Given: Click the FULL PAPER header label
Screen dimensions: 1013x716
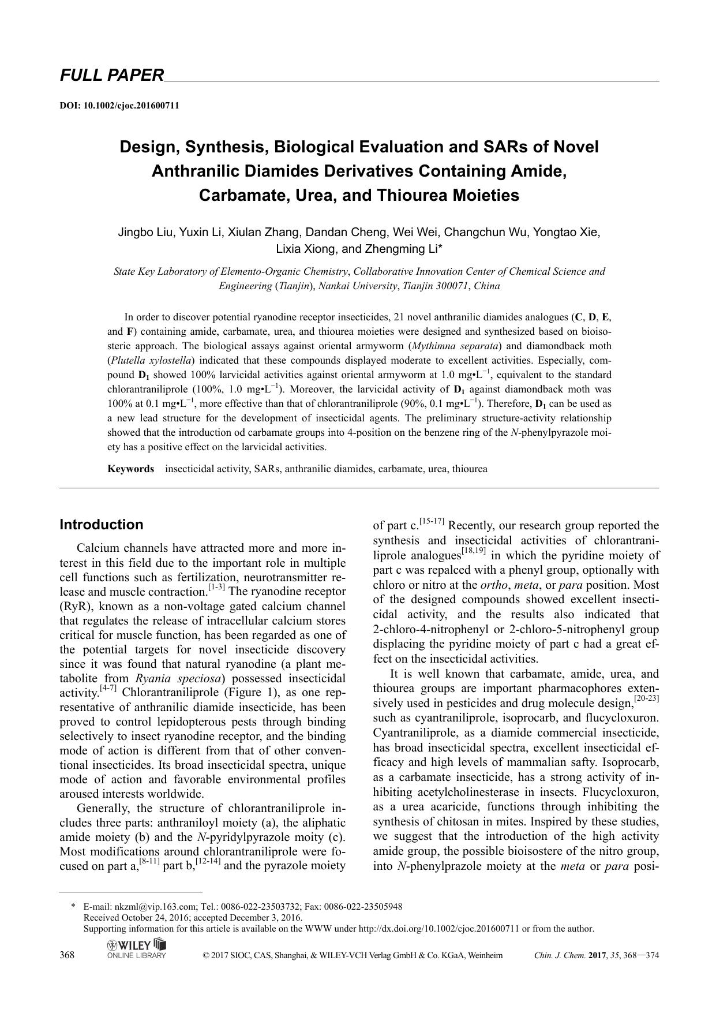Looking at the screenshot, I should pyautogui.click(x=112, y=75).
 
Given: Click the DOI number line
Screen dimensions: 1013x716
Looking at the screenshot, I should pyautogui.click(x=119, y=106).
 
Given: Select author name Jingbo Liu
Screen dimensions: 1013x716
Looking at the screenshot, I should pyautogui.click(x=145, y=232).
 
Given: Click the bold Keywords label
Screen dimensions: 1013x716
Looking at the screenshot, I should pyautogui.click(x=131, y=469).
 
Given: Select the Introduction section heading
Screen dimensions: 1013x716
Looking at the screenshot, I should pyautogui.click(x=102, y=525).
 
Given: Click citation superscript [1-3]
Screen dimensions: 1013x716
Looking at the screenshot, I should pyautogui.click(x=216, y=589).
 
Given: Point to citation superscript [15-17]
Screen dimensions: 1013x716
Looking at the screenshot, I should pyautogui.click(x=431, y=522).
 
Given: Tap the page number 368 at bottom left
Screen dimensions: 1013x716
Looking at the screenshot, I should pyautogui.click(x=67, y=955).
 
